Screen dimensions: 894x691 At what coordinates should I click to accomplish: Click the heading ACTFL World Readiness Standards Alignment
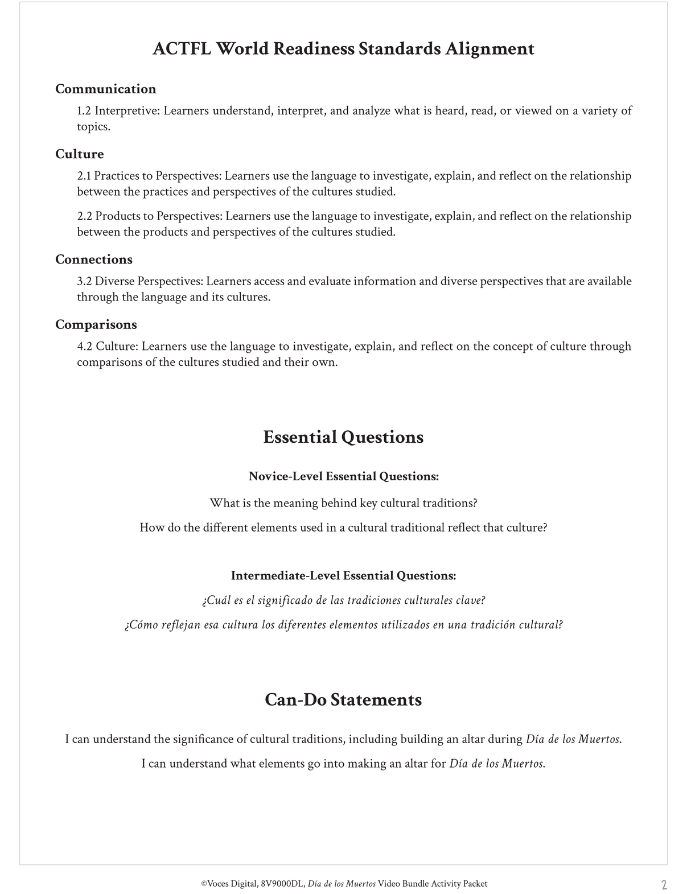343,49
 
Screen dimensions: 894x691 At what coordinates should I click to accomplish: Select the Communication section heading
105,89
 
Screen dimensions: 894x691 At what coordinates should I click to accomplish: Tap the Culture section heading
79,154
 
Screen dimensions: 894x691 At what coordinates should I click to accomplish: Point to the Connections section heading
93,259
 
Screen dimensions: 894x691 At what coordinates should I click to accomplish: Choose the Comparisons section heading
96,324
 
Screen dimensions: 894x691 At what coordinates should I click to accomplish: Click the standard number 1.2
84,111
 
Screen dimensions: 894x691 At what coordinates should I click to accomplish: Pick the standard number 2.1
84,176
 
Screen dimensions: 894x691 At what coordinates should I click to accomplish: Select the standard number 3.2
84,281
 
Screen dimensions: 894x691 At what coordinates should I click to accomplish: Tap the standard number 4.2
84,347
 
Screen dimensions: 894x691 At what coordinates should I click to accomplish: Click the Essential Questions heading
343,437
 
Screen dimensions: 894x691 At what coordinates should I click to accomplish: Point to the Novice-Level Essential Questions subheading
343,476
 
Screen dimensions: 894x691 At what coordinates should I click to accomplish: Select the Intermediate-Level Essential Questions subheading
343,576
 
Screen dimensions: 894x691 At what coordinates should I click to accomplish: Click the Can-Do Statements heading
343,699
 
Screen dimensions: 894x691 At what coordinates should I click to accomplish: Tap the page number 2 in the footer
664,885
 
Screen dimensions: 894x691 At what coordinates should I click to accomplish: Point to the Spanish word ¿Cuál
213,601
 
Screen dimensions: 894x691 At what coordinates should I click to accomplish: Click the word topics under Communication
93,127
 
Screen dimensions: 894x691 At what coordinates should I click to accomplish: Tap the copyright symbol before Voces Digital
204,884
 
